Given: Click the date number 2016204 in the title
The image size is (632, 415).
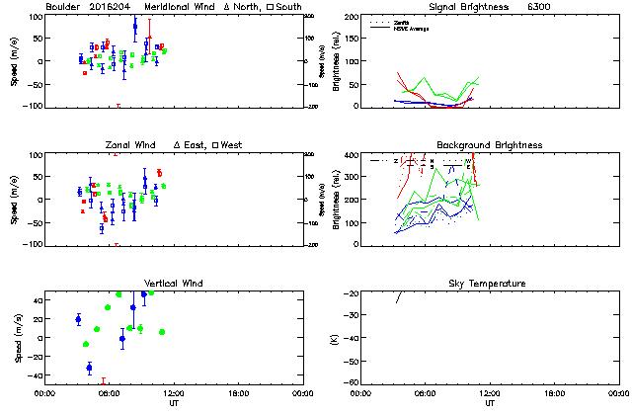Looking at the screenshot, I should pyautogui.click(x=113, y=6).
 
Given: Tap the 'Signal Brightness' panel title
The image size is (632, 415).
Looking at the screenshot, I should pyautogui.click(x=477, y=6).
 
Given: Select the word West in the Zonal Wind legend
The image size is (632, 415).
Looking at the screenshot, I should pyautogui.click(x=231, y=145).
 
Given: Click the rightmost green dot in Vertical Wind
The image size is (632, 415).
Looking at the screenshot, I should pyautogui.click(x=162, y=332).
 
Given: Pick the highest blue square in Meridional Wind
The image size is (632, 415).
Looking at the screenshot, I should pyautogui.click(x=135, y=27).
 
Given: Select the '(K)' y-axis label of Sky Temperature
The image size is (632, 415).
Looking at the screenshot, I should pyautogui.click(x=335, y=338).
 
